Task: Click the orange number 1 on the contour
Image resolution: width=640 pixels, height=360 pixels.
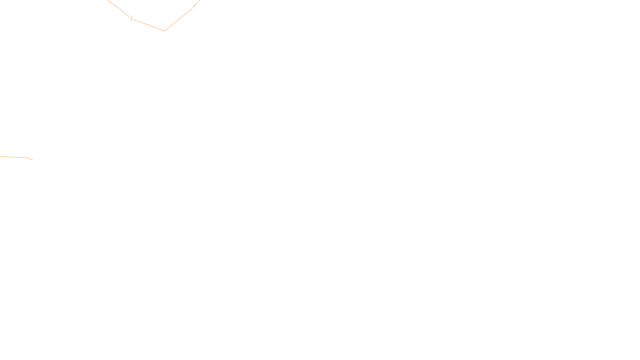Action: pos(131,18)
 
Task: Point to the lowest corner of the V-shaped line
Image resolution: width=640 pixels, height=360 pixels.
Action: pos(164,31)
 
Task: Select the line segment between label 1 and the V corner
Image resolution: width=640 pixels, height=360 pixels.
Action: pos(149,25)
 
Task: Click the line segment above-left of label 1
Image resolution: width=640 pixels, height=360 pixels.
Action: pos(119,8)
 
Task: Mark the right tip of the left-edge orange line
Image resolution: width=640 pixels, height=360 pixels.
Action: pos(32,160)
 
